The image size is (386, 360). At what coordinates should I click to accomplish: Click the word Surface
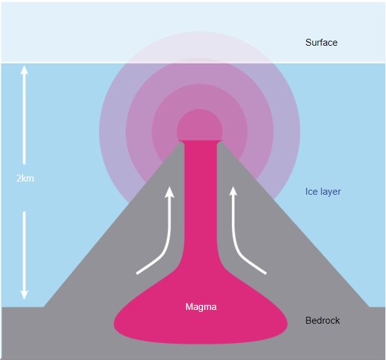click(321, 43)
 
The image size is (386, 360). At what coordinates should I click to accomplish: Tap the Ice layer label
click(323, 192)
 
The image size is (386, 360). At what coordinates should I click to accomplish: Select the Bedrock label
click(322, 321)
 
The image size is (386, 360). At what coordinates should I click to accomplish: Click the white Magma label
click(201, 307)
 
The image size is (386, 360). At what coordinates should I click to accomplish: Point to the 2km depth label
click(25, 178)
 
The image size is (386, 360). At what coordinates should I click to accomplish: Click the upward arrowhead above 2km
click(25, 70)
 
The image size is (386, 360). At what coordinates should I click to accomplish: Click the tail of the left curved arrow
click(138, 273)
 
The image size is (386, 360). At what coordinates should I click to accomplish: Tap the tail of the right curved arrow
click(264, 273)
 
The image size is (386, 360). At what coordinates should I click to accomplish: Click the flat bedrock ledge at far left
click(22, 332)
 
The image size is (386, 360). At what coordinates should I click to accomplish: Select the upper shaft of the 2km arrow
click(25, 119)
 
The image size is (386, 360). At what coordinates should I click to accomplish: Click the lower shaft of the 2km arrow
click(25, 250)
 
